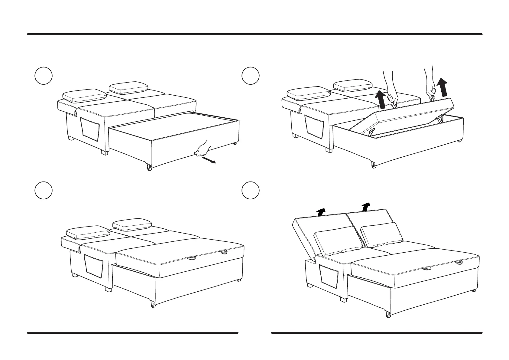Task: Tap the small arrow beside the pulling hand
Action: (209, 160)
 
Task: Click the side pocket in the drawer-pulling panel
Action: (90, 129)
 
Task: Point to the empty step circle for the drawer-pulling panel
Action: (44, 76)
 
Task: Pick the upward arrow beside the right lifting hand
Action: (443, 87)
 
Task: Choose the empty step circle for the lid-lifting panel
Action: (251, 76)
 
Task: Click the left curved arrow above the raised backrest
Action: (321, 211)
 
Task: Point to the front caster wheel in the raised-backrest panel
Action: (387, 315)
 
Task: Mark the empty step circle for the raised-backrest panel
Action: (251, 191)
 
